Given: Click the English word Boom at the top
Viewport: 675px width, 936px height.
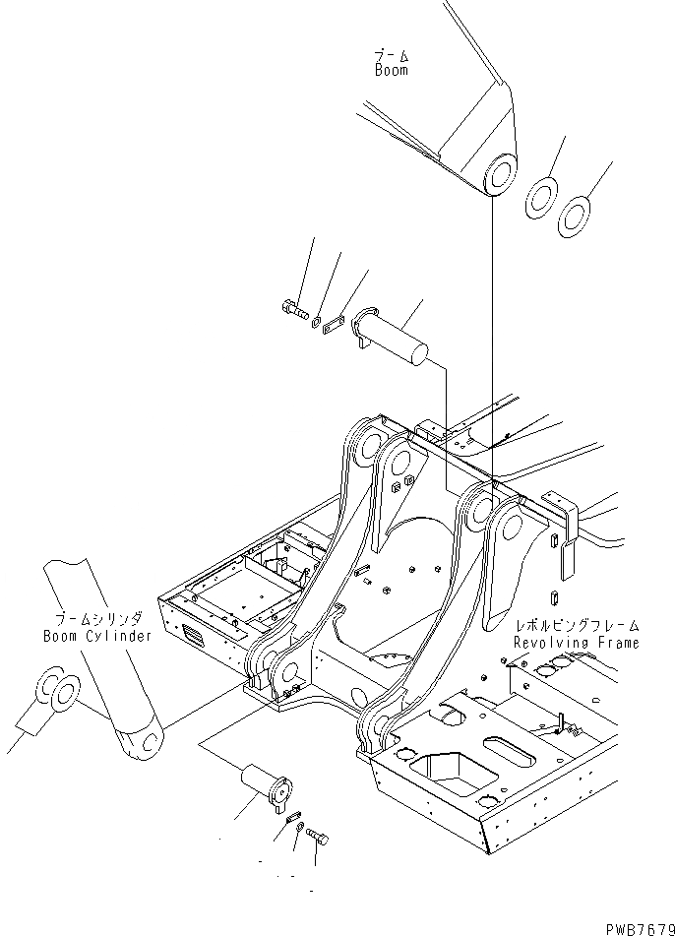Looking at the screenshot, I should [391, 71].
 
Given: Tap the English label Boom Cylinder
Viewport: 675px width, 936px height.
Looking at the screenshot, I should [97, 636].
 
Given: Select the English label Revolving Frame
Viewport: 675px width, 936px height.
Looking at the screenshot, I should [576, 643].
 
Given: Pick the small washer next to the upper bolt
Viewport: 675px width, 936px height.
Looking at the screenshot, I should [316, 320].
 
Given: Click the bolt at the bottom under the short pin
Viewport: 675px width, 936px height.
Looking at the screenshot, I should [317, 837].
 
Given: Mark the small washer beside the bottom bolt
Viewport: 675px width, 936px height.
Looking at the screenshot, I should [300, 826].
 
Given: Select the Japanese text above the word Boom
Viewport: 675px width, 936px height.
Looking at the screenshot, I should [391, 54].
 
